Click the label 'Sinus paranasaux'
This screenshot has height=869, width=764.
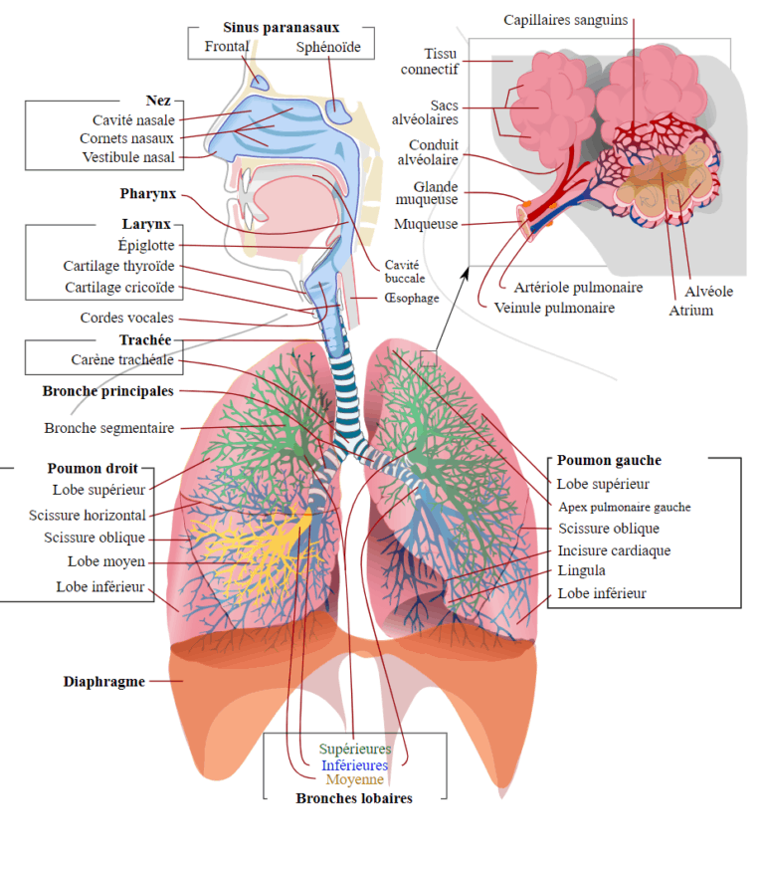click(281, 28)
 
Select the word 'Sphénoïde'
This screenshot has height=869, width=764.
click(328, 47)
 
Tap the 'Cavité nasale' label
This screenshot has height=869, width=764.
click(128, 120)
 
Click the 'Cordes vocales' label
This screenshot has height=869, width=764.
click(126, 319)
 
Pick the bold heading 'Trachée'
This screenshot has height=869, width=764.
click(145, 340)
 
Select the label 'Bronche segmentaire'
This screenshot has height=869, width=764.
click(109, 428)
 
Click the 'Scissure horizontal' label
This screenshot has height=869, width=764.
click(88, 515)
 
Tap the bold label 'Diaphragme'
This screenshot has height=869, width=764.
click(104, 682)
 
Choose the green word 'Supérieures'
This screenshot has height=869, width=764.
click(355, 749)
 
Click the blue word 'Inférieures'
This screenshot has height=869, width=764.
click(354, 765)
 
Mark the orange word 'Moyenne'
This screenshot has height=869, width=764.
click(354, 780)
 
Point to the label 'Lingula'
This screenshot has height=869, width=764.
click(582, 570)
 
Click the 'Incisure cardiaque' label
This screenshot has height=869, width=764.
click(614, 550)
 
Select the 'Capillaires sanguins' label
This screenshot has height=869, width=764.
click(566, 20)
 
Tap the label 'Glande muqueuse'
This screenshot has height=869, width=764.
click(436, 193)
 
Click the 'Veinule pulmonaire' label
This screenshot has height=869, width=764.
click(554, 308)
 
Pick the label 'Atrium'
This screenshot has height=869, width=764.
click(690, 311)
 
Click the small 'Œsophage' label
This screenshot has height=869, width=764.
click(411, 298)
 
